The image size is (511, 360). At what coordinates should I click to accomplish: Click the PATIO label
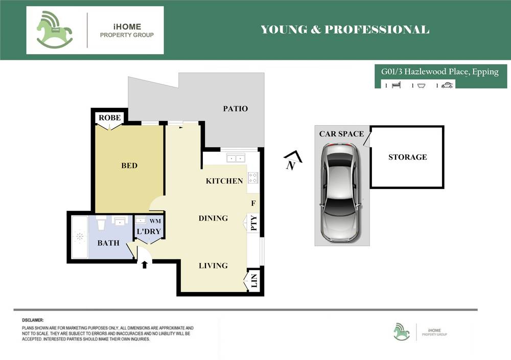[236, 109]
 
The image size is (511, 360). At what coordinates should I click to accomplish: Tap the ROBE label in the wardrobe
[110, 117]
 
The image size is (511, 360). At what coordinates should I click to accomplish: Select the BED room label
[129, 165]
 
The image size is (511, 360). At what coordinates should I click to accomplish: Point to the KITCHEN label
[224, 181]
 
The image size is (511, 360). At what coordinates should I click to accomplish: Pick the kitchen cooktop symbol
[253, 178]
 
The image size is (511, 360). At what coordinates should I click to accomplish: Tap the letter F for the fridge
[253, 203]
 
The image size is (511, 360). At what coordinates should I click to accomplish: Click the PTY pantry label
[253, 224]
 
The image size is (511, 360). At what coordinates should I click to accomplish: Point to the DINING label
[213, 218]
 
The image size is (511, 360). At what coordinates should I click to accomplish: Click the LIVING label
[213, 266]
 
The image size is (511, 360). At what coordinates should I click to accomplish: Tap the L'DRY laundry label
[149, 232]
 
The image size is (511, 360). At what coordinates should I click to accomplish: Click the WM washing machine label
[154, 221]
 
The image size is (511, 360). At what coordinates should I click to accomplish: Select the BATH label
[108, 243]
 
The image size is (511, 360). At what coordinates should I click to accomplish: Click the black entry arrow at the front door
[145, 265]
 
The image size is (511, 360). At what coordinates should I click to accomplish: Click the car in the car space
[340, 191]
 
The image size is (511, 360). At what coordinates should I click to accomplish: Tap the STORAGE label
[407, 157]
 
